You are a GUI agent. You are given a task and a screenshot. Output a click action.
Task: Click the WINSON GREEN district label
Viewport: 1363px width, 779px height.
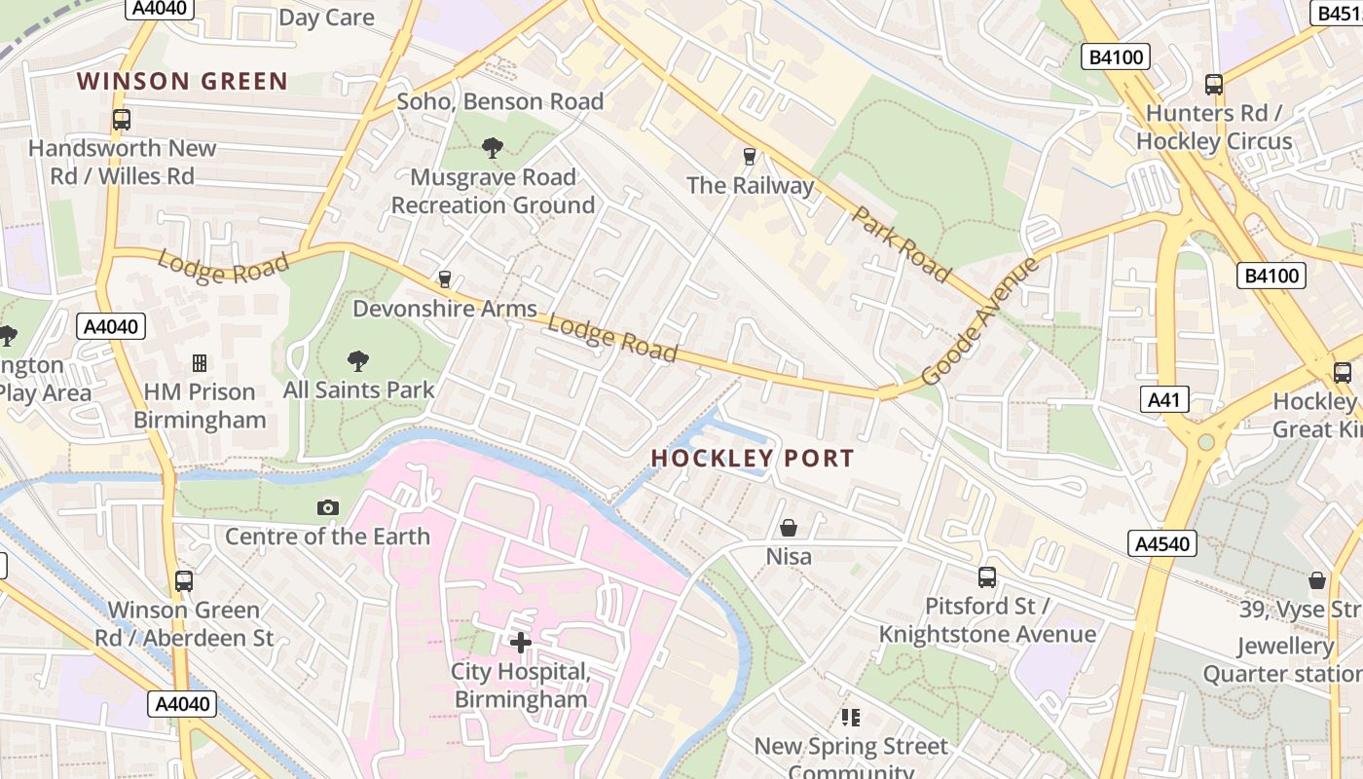[x=183, y=81]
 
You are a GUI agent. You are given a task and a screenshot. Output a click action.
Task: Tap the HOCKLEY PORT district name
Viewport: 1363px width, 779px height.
[x=753, y=458]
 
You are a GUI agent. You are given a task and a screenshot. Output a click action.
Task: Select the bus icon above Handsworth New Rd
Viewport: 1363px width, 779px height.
[x=122, y=120]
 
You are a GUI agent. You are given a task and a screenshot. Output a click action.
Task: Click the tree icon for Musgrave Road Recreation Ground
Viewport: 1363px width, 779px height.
[x=493, y=148]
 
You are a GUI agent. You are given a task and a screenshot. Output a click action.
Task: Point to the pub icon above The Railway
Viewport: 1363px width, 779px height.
[x=749, y=156]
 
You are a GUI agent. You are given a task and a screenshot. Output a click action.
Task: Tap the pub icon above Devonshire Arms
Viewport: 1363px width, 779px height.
[x=445, y=279]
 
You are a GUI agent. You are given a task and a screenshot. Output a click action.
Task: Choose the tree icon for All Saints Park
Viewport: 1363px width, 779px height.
[x=358, y=361]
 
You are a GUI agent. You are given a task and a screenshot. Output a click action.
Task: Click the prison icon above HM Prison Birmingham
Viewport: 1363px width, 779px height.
[x=200, y=363]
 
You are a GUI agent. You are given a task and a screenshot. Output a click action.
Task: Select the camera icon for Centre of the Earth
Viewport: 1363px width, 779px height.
[x=328, y=507]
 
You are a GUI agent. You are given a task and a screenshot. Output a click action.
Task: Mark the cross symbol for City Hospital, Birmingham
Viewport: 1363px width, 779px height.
[x=521, y=642]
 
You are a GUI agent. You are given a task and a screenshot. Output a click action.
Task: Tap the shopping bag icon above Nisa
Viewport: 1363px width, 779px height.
[x=789, y=528]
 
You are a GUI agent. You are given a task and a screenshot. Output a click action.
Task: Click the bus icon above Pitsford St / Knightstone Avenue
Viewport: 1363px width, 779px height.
[x=987, y=577]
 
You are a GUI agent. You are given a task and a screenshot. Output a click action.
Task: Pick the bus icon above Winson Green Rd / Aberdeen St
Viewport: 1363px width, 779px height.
[x=184, y=581]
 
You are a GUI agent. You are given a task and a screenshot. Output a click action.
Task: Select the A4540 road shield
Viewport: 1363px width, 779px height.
[x=1162, y=543]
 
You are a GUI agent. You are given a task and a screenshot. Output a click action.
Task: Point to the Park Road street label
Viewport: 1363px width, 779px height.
[x=901, y=243]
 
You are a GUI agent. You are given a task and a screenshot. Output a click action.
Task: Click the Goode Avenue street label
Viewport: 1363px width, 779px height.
[x=980, y=320]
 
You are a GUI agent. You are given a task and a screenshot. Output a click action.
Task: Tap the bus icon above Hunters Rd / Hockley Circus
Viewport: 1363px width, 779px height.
[x=1214, y=85]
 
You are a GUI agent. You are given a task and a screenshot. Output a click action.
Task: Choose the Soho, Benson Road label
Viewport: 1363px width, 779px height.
[x=500, y=101]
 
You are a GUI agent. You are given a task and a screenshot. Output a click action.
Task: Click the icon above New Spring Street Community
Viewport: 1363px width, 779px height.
[x=851, y=718]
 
